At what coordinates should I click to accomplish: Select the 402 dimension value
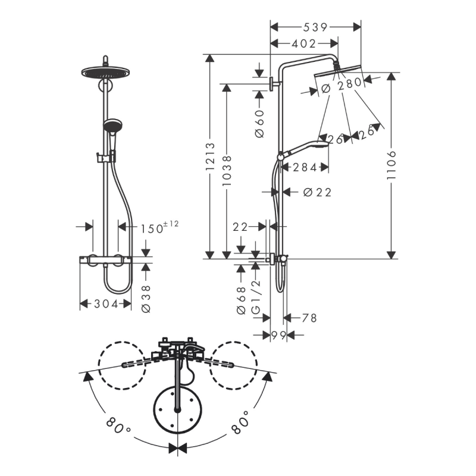click(x=303, y=43)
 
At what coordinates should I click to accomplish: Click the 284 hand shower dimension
click(x=305, y=168)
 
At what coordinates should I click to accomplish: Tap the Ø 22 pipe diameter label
click(x=317, y=192)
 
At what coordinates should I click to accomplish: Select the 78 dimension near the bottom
click(x=309, y=318)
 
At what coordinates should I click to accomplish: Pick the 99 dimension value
click(x=278, y=336)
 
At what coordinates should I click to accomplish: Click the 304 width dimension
click(x=106, y=303)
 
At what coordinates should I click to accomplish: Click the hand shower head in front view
click(x=111, y=126)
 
